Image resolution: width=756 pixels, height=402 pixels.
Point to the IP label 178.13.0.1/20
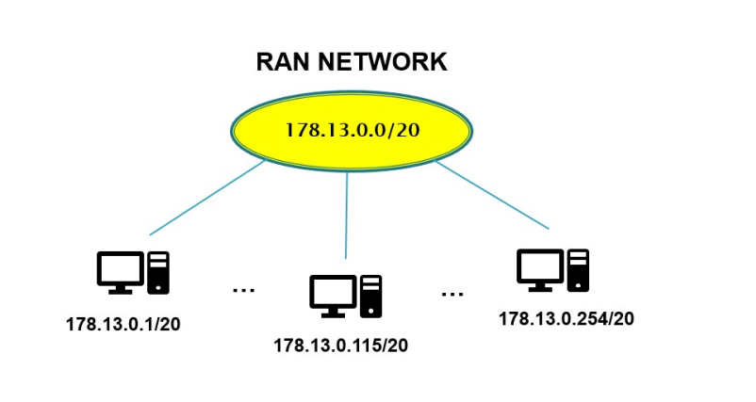123,325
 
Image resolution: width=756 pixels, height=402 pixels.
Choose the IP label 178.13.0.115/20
341,346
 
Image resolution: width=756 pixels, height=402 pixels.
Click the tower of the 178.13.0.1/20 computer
158,271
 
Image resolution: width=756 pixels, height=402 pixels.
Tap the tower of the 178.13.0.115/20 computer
371,295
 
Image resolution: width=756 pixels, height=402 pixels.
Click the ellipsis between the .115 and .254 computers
452,294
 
